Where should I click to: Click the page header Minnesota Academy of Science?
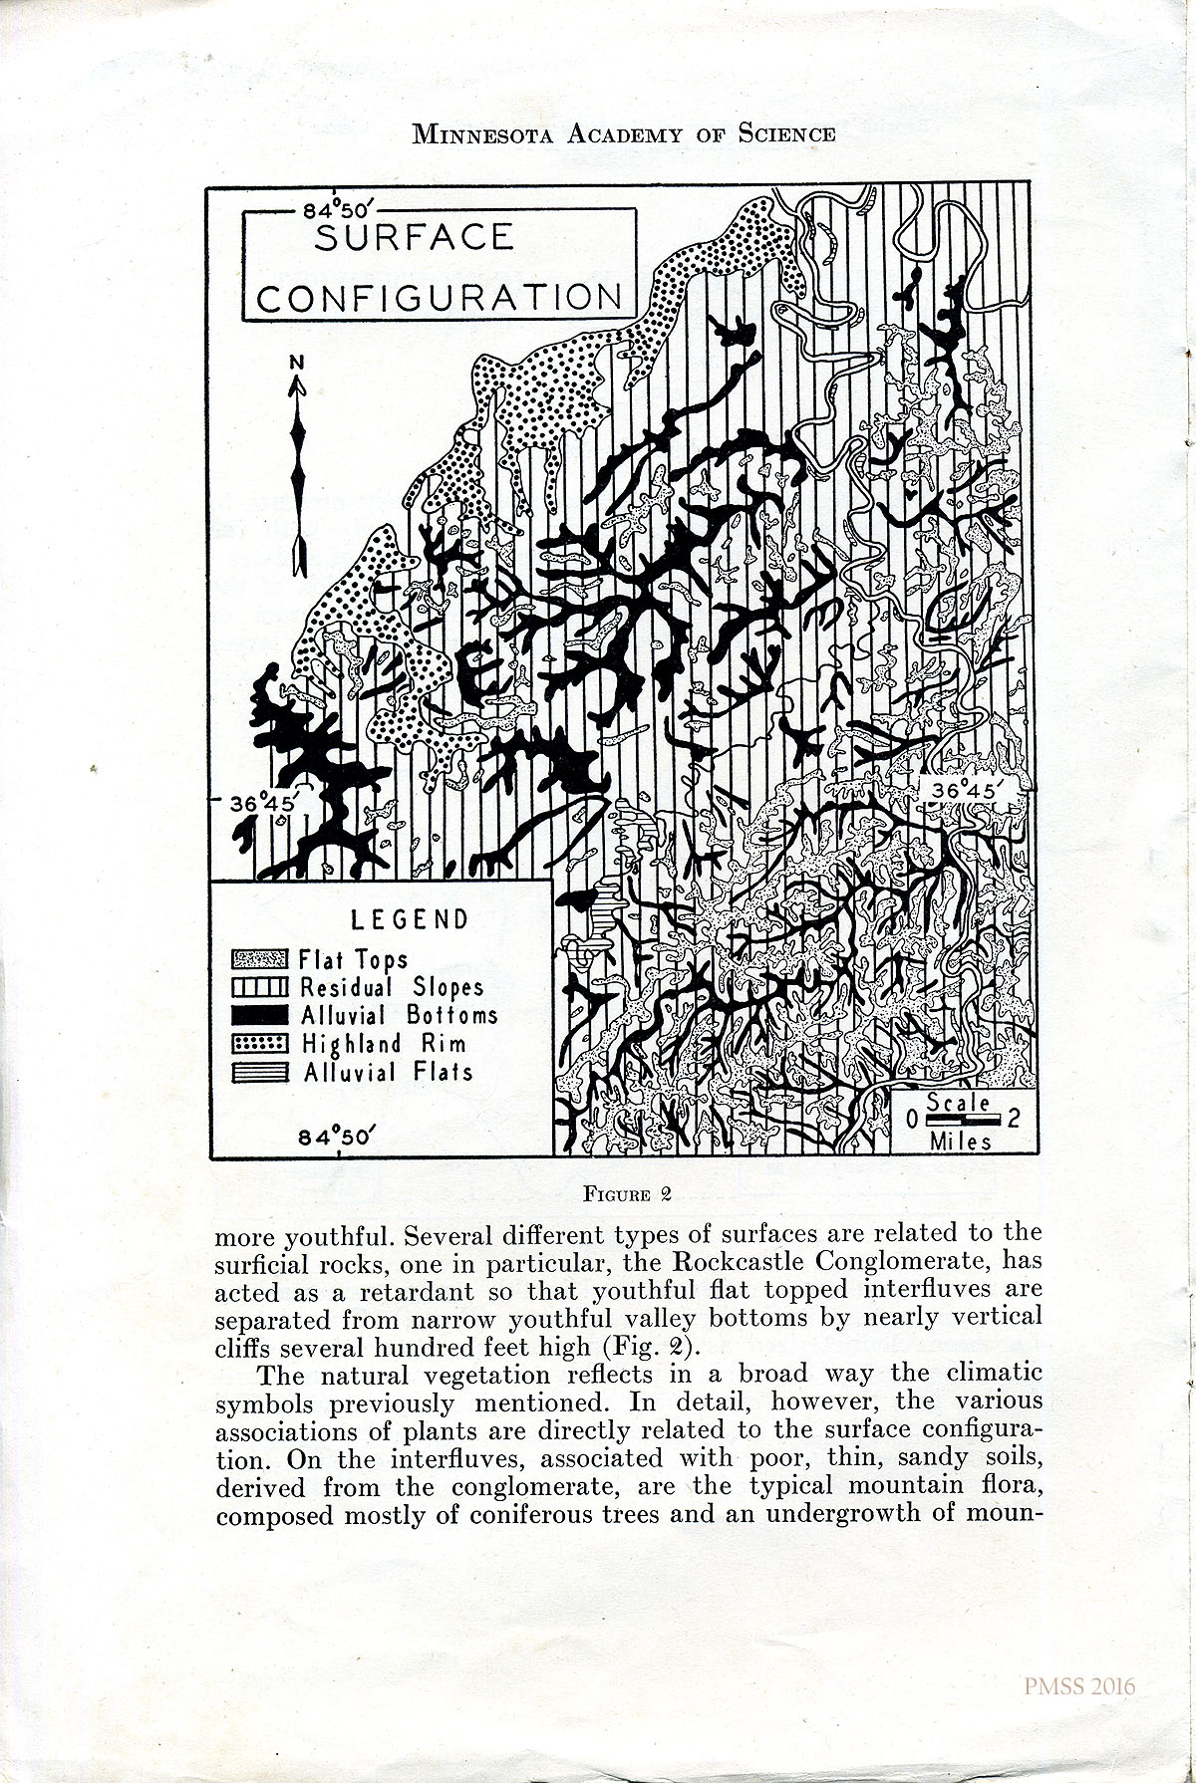tap(624, 134)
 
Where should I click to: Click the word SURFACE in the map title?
tap(415, 238)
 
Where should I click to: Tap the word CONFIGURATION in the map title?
tap(440, 297)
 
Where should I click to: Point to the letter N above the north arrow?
tap(295, 364)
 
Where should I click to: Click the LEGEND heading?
tap(409, 918)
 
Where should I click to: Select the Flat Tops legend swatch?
tap(259, 960)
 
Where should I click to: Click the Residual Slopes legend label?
tap(392, 988)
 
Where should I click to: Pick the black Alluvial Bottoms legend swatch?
tap(259, 1016)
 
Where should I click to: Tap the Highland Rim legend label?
tap(384, 1045)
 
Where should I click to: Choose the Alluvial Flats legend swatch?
tap(259, 1073)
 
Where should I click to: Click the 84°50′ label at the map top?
tap(338, 211)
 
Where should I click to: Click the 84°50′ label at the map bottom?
tap(338, 1136)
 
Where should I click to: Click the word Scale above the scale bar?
tap(958, 1103)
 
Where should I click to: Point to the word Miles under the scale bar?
tap(961, 1141)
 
